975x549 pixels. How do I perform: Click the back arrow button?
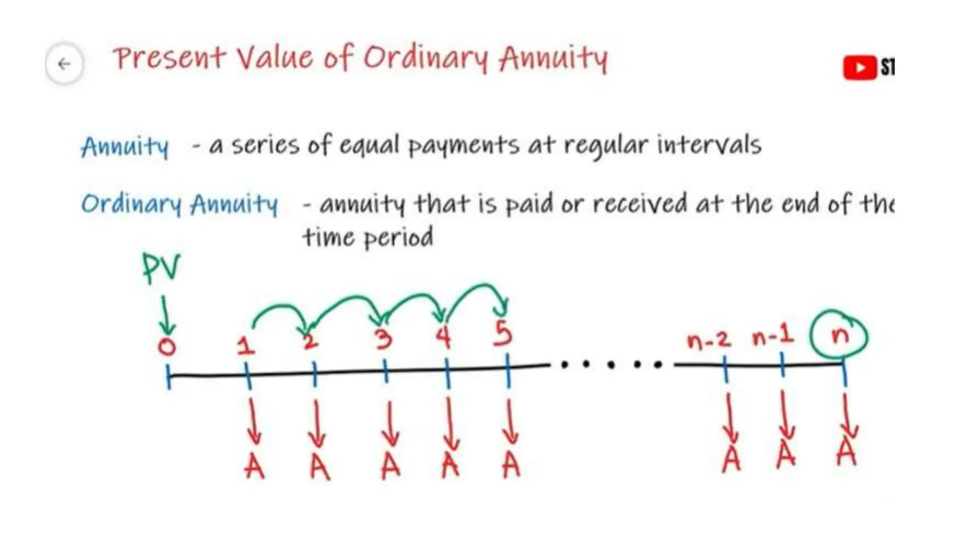click(64, 63)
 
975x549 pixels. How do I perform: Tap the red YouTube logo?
click(859, 67)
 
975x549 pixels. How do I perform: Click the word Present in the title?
click(169, 58)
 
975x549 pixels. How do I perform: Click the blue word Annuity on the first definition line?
click(125, 146)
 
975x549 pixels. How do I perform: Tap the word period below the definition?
click(399, 237)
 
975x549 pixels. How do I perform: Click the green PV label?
click(161, 268)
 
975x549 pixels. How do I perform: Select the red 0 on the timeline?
click(167, 346)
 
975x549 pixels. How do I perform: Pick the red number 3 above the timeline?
click(383, 338)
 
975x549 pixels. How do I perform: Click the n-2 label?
click(708, 340)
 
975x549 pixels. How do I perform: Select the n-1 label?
click(773, 337)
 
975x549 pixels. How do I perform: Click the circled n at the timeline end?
click(840, 335)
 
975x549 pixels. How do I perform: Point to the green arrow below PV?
click(166, 316)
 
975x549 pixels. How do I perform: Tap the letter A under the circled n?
click(846, 452)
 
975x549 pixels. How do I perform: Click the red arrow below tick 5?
click(510, 422)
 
